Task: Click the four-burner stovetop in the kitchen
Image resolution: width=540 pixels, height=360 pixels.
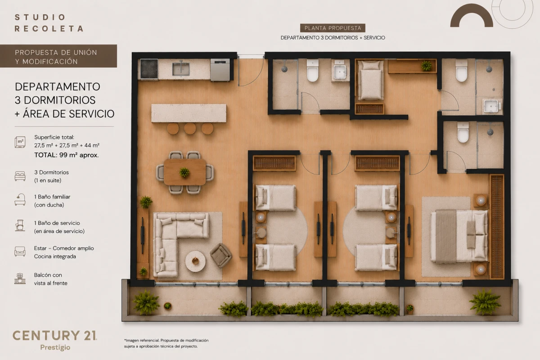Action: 149,69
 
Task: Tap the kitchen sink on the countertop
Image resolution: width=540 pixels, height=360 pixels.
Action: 181,69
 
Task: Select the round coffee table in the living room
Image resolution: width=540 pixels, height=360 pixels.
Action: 195,261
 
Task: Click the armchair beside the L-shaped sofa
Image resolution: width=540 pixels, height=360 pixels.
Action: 221,255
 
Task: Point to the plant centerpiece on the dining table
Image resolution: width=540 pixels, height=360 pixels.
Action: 184,172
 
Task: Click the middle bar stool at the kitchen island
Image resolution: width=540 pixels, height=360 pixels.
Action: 190,128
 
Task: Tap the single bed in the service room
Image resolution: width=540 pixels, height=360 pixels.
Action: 370,80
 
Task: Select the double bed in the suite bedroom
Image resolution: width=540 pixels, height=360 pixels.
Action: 459,236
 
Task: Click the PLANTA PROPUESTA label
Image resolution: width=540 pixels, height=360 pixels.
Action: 333,28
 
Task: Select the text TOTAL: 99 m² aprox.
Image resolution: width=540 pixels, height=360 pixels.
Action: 67,155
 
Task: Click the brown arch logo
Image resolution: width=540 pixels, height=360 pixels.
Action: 472,15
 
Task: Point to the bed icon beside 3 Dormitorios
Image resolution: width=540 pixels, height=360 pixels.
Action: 20,176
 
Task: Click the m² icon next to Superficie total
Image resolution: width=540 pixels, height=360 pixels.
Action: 20,142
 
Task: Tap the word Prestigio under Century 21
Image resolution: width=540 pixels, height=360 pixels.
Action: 55,347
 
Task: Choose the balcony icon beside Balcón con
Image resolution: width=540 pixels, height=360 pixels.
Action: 20,279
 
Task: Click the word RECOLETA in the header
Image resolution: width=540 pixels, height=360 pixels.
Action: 49,29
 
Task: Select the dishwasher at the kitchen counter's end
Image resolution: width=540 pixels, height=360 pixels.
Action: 220,70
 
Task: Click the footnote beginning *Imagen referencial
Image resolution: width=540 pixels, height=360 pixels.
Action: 166,343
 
